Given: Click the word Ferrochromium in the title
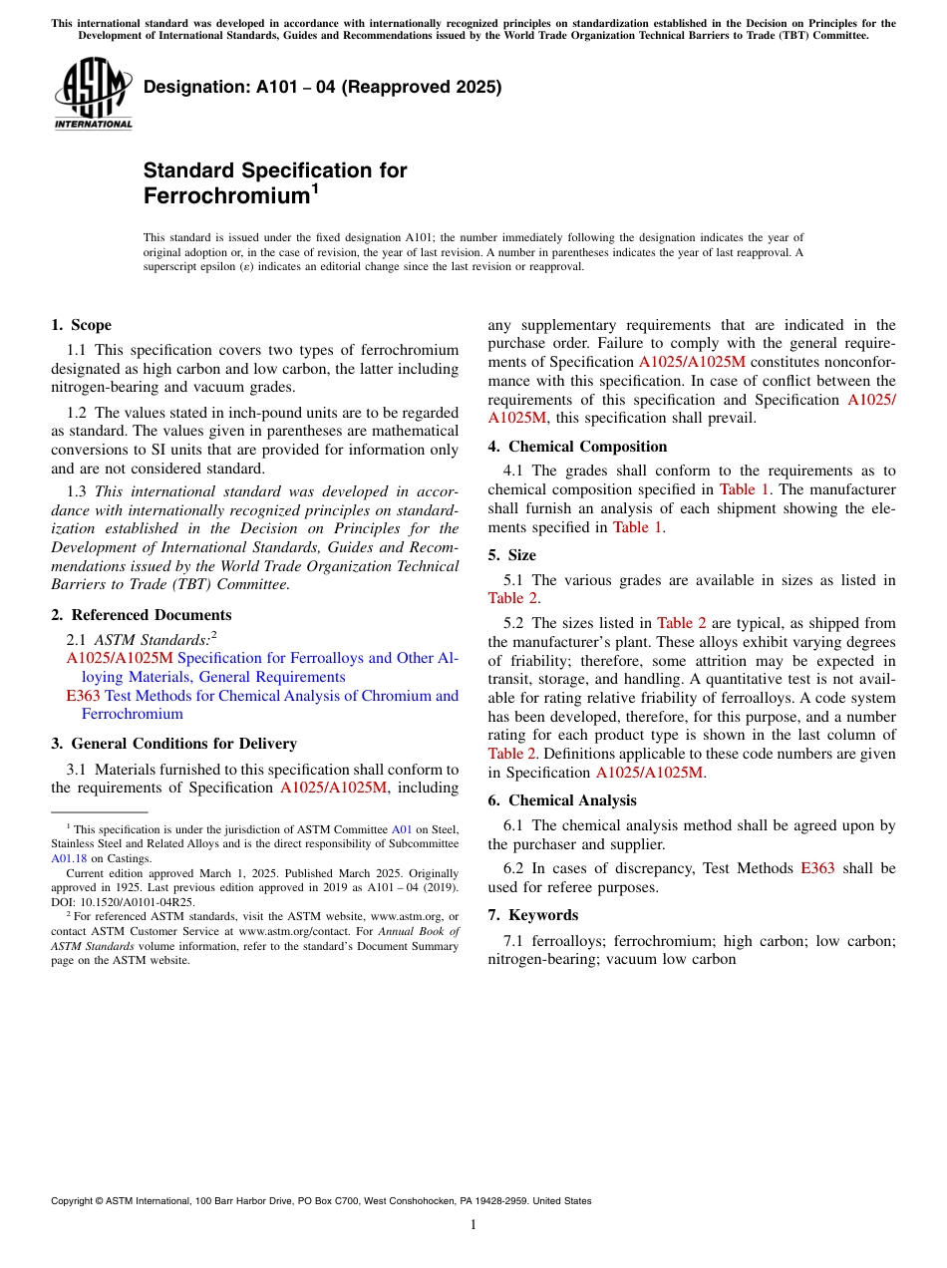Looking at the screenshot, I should [223, 196].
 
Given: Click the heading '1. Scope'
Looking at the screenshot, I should [81, 325].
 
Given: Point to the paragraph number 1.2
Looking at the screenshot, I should [77, 412].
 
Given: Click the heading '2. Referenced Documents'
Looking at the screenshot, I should [141, 615].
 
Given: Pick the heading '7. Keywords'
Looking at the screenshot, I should [532, 915].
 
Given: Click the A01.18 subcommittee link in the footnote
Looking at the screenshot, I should [69, 858].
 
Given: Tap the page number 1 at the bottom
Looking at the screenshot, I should [473, 1225].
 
